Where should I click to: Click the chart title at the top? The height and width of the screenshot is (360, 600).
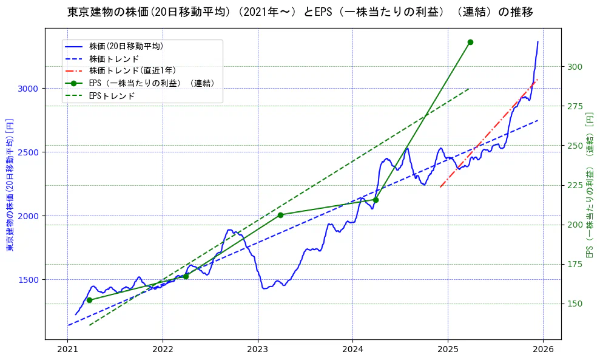click(300, 12)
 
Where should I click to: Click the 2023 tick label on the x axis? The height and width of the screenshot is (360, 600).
click(257, 350)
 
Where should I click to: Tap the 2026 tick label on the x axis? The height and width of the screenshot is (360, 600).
click(542, 350)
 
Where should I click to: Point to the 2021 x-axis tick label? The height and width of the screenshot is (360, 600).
click(68, 350)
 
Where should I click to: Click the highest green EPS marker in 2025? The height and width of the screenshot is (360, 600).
click(470, 42)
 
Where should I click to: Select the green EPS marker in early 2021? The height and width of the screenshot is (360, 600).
click(89, 300)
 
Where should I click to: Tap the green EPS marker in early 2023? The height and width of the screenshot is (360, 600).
click(280, 215)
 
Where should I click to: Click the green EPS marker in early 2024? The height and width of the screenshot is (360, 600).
click(376, 200)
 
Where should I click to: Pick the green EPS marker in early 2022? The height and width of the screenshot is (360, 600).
click(186, 276)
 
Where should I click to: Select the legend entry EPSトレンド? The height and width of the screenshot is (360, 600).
click(112, 96)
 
